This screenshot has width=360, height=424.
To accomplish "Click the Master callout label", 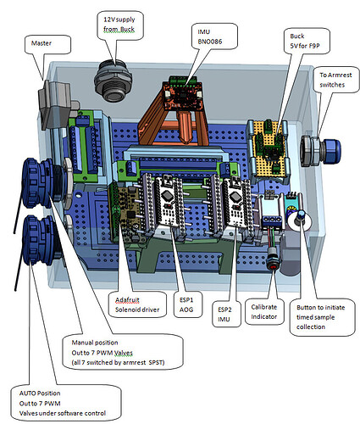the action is tap(42, 43).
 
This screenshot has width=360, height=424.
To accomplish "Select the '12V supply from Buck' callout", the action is tap(119, 25).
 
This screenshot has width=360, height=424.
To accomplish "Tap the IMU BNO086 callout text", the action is tap(210, 36).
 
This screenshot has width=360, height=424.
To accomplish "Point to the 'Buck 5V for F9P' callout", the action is tap(305, 41).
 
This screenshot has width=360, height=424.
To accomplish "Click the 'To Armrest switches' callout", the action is tap(335, 80).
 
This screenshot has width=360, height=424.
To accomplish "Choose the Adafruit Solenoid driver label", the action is tap(137, 305).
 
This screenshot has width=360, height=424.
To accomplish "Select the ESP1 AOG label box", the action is tap(186, 305).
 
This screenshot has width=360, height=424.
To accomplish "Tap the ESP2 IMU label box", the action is tap(224, 315).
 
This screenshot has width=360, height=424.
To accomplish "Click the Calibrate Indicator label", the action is tap(264, 312).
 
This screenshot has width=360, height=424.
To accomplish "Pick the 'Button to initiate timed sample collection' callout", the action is tap(320, 317).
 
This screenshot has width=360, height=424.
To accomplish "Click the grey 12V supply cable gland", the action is tap(113, 81).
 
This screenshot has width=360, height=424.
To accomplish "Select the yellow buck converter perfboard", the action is tap(269, 150).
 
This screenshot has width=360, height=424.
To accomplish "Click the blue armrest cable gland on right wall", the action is tap(321, 150).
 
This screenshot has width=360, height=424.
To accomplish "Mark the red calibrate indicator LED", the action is tap(274, 266).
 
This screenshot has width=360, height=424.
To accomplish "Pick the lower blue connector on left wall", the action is tap(40, 240).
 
